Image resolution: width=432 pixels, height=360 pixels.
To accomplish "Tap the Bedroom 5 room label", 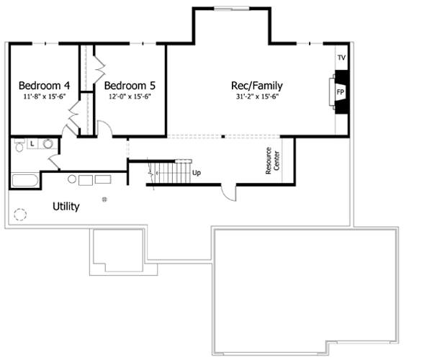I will pos(130,83).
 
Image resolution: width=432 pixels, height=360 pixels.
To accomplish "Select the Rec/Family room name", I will pos(257,85).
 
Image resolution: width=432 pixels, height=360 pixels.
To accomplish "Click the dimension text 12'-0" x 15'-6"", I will pos(130,96).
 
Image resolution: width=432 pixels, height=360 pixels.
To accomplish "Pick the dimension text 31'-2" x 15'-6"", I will pos(257,96).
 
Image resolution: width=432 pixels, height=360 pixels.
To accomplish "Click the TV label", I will pos(341,58).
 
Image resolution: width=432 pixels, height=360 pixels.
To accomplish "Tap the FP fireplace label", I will pos(341,93).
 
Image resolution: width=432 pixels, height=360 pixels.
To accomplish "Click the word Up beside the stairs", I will pos(197,173).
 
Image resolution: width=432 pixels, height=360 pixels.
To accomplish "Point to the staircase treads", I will pos(174,173).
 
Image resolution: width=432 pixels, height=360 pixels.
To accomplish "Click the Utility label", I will pos(66,207).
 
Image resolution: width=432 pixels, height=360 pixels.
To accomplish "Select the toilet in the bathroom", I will pos(20,145).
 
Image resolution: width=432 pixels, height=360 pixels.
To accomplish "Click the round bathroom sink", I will pos(48,144).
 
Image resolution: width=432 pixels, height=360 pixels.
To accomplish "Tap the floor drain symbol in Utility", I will pos(104,199).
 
